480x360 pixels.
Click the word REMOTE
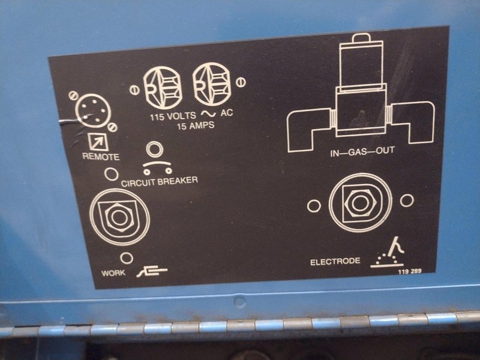[x=101, y=157]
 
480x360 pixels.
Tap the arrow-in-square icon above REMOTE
[x=98, y=142]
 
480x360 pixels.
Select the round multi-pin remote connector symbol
[x=94, y=110]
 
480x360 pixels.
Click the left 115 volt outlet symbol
[x=163, y=87]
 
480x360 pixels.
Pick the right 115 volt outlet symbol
[x=212, y=84]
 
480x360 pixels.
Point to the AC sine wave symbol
[x=208, y=113]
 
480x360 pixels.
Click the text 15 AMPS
[x=196, y=125]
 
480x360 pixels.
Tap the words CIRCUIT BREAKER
[x=160, y=182]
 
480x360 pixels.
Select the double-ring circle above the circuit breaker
[x=155, y=149]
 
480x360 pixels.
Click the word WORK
[x=113, y=272]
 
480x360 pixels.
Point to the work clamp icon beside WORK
[x=152, y=271]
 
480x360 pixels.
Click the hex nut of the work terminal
[x=119, y=217]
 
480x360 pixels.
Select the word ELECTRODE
[x=335, y=262]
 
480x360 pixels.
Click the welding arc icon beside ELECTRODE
[x=387, y=253]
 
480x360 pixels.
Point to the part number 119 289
[x=410, y=271]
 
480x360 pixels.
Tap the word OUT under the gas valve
[x=385, y=151]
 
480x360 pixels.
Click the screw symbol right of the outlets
[x=241, y=82]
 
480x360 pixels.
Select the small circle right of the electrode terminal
[x=407, y=200]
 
